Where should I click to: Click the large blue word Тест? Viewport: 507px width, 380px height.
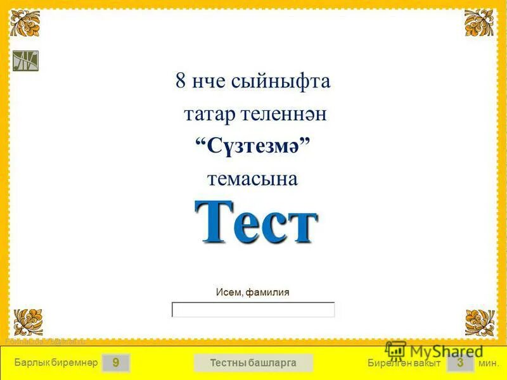[x=255, y=222]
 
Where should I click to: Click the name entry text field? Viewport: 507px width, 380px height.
[x=253, y=310]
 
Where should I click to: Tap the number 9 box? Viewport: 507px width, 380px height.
[x=116, y=363]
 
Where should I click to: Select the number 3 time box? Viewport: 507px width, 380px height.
[x=460, y=363]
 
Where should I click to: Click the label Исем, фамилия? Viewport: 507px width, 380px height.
[x=252, y=292]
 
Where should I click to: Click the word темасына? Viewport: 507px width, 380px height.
[x=252, y=179]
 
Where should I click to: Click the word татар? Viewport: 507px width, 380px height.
[x=210, y=115]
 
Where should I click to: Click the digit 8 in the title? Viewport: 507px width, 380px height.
[x=181, y=82]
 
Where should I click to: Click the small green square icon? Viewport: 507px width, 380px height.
[x=26, y=61]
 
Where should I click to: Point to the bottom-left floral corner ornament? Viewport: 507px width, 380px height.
[x=28, y=322]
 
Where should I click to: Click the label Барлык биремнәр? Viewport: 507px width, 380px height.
[x=55, y=363]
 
